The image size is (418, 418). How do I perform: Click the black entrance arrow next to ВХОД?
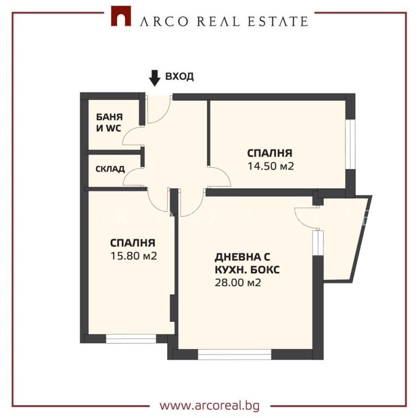coord(155,77)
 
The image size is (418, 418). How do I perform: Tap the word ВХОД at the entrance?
coord(179,76)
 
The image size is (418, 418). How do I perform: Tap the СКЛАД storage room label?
coord(110,169)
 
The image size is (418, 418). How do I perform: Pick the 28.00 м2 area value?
coord(238,283)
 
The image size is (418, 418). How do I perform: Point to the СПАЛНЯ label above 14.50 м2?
coord(269,153)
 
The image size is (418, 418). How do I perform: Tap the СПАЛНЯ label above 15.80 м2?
coord(133,243)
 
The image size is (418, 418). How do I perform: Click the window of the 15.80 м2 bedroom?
coord(131,339)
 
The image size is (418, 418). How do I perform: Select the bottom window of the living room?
coord(235,355)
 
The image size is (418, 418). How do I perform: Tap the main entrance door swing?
coord(159,111)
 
